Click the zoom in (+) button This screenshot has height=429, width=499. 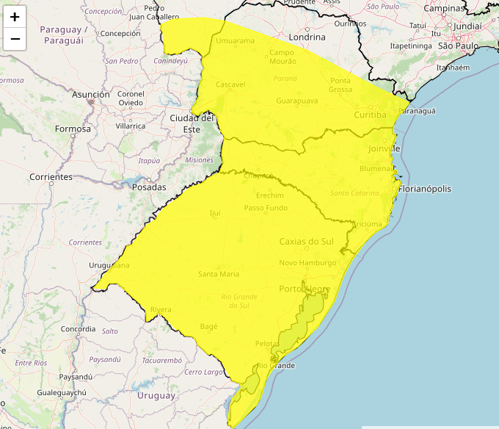point(15,17)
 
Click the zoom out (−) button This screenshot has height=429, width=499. point(15,39)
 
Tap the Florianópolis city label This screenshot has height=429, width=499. point(425,189)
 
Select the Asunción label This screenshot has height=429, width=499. point(91,95)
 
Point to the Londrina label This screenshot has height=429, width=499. point(307,37)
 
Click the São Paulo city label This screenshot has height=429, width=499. point(458,46)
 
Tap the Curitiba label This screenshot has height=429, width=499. point(370,115)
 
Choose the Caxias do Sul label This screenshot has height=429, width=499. point(306,242)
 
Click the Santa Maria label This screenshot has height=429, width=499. point(219,274)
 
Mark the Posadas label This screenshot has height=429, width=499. point(149,187)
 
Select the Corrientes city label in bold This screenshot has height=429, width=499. point(51,177)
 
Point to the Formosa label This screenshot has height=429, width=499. point(73,129)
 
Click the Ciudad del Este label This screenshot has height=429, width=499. point(192,123)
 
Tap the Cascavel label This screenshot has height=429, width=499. point(230,84)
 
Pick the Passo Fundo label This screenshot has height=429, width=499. point(266,208)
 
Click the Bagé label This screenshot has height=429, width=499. point(208,325)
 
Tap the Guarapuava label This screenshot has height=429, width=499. point(297,100)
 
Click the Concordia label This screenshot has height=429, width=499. point(79,329)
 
